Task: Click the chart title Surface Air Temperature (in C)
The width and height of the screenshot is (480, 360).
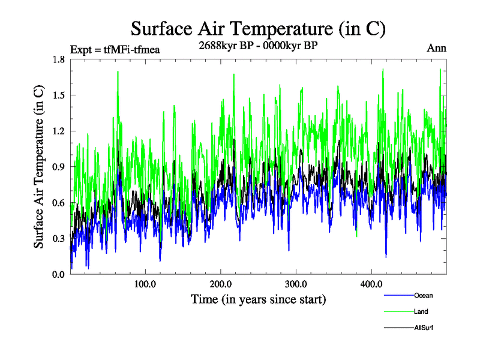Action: [257, 29]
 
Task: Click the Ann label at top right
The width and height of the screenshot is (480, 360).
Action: [436, 48]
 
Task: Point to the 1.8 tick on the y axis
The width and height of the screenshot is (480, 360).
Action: [59, 59]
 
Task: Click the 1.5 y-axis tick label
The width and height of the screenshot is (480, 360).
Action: [59, 95]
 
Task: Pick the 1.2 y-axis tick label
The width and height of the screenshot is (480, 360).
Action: [59, 131]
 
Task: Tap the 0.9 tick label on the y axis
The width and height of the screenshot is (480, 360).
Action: [59, 167]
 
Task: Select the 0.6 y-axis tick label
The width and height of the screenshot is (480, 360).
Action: [59, 203]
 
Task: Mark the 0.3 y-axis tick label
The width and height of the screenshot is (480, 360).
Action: [59, 239]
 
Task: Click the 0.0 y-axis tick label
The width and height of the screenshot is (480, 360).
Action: [59, 274]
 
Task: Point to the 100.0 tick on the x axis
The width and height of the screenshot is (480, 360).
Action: [145, 284]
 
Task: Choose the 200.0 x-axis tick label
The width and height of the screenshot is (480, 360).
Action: [221, 284]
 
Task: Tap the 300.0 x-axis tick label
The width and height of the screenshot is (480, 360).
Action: [296, 284]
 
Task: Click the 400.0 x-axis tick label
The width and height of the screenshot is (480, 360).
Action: [371, 284]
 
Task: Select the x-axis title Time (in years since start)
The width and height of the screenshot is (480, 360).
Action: [258, 299]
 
